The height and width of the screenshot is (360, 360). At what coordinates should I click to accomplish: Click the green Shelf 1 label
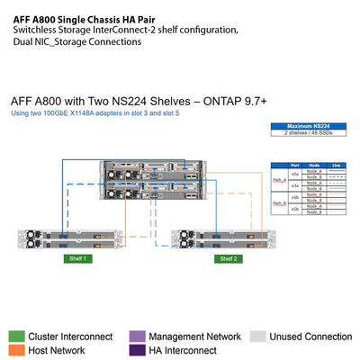pos(77,258)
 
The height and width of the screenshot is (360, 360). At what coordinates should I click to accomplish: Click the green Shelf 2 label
pos(228,258)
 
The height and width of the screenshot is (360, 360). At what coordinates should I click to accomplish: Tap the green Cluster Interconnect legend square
pos(17,336)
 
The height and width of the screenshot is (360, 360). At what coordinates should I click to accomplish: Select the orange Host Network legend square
pos(17,350)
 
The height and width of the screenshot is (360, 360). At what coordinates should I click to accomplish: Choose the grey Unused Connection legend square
pos(257,336)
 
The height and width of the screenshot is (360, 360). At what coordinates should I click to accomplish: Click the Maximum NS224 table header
pos(304,126)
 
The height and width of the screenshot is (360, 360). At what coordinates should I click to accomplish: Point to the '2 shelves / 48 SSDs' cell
pos(304,133)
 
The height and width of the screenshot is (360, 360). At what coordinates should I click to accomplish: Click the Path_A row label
pos(279,180)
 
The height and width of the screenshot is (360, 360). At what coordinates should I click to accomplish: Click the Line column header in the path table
pos(337,165)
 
